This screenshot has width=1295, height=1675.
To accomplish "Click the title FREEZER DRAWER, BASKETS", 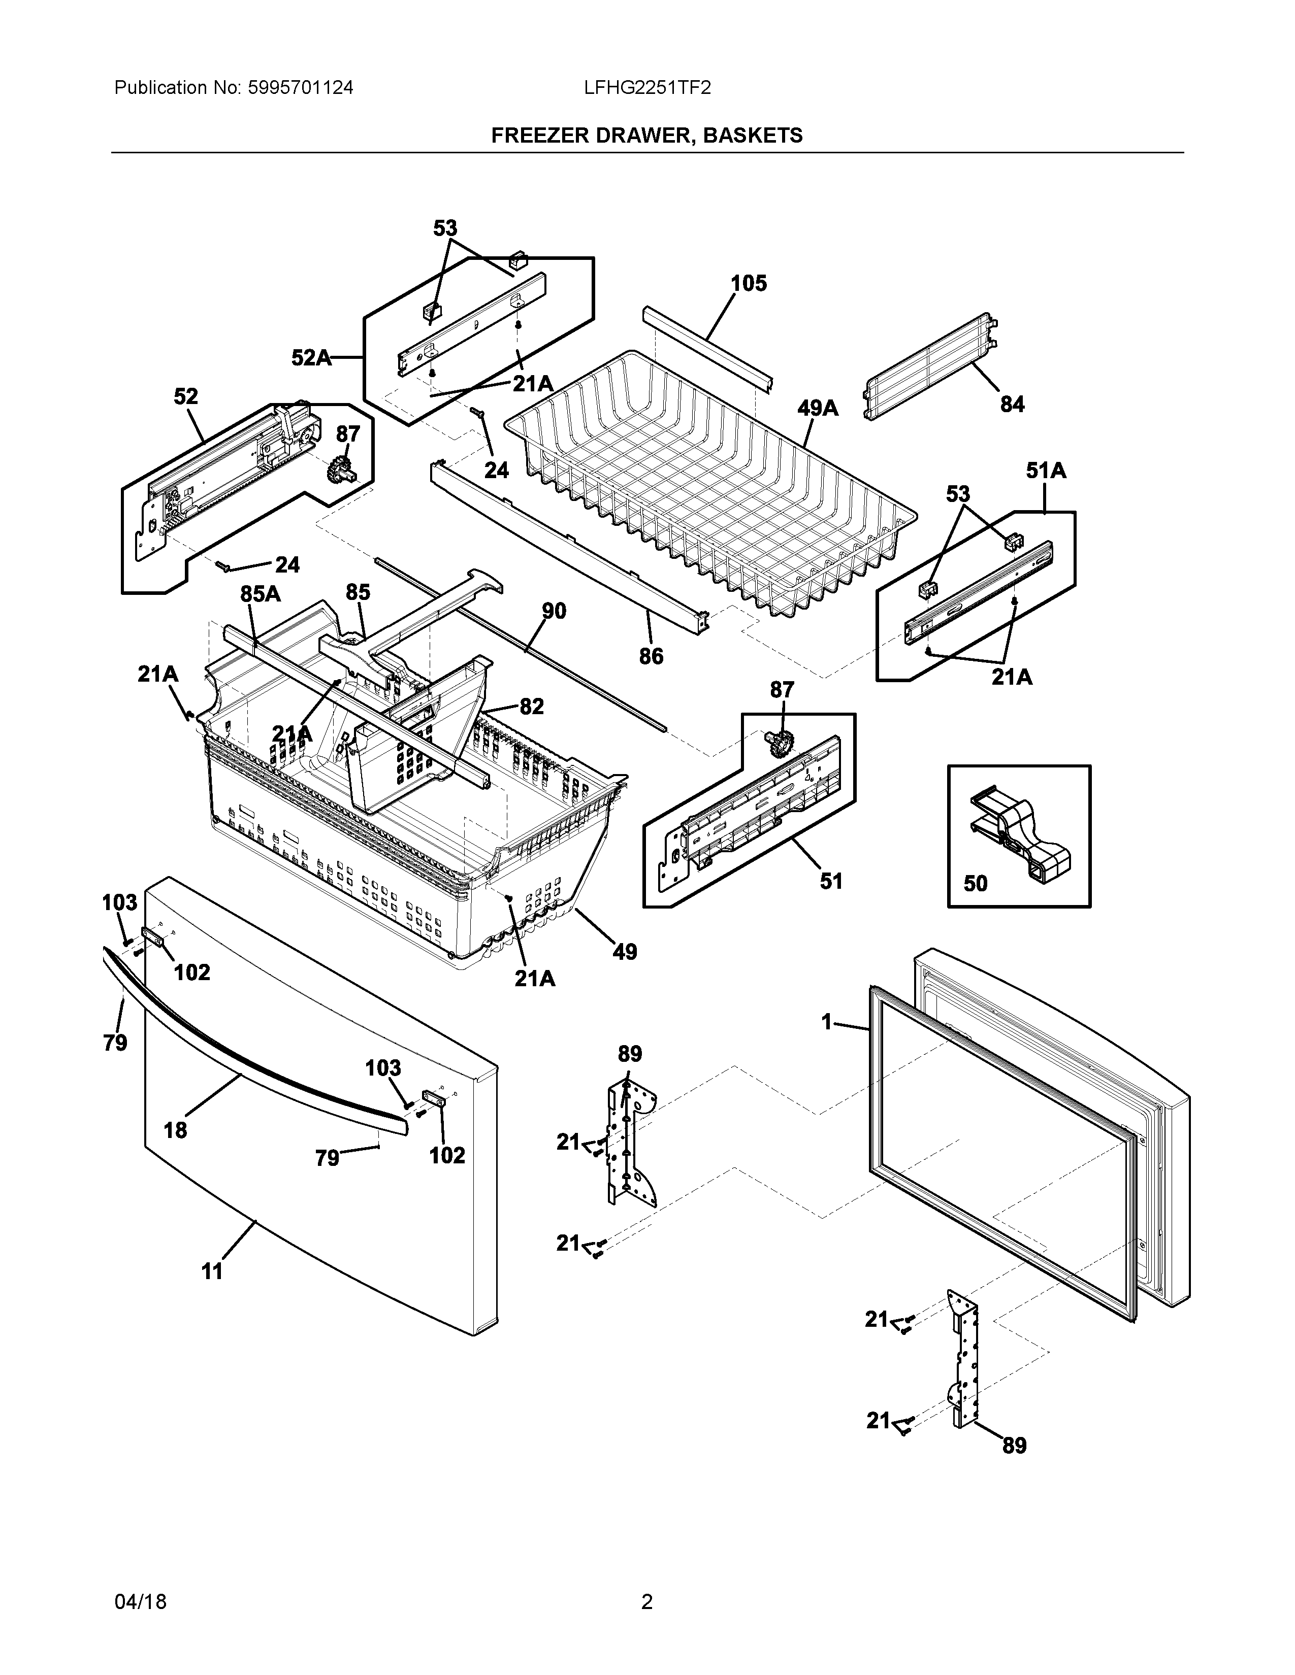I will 646,136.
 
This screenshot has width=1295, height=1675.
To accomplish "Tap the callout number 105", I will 748,284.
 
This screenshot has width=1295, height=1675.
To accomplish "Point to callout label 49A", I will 817,409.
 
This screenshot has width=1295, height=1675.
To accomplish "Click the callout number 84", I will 1012,404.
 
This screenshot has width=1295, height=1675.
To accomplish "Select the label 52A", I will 311,357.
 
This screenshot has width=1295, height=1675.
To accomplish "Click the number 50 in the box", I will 975,884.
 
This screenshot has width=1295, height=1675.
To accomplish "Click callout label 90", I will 554,611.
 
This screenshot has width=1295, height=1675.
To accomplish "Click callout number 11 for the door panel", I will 212,1271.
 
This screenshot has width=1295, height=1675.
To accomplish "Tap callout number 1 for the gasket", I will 826,1022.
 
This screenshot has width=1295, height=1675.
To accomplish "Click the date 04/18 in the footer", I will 140,1596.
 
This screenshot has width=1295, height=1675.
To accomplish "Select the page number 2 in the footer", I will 646,1596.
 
